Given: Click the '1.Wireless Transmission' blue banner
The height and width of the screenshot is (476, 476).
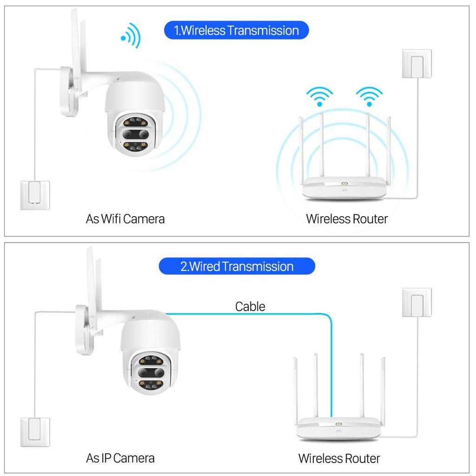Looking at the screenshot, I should [236, 31].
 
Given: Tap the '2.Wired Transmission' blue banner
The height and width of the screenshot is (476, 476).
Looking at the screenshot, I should [237, 266].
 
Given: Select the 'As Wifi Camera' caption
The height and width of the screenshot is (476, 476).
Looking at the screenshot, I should [125, 218].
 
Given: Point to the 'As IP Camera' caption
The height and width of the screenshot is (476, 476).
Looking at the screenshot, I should [120, 458].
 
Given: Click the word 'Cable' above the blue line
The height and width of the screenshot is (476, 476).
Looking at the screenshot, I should [250, 306].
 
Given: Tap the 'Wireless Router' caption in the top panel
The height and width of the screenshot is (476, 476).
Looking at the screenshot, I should [347, 218].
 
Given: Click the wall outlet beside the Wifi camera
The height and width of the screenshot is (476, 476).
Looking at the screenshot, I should [34, 194].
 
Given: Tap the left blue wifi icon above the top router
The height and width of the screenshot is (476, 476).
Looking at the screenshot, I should [319, 96].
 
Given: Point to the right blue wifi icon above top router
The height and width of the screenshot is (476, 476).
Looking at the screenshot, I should [369, 96].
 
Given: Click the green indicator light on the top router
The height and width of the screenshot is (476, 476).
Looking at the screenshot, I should [344, 184].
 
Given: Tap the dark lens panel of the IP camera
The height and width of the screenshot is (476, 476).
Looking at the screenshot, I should [149, 373].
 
